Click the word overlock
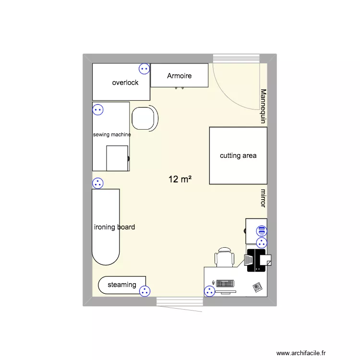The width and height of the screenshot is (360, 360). click(125, 83)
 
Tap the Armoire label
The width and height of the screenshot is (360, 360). click(180, 76)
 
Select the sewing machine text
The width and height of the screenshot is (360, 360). click(112, 135)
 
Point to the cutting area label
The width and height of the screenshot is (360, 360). click(238, 156)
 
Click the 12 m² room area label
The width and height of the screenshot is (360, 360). click(180, 180)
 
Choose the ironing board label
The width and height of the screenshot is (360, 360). click(115, 227)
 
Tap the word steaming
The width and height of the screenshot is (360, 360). click(122, 285)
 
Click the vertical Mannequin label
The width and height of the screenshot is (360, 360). click(263, 106)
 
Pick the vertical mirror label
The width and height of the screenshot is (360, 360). click(263, 198)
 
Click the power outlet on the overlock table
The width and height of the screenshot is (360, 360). click(144, 69)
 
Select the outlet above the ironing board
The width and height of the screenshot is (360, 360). click(98, 183)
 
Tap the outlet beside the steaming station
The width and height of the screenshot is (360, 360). click(144, 291)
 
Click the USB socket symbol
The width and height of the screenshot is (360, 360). click(262, 231)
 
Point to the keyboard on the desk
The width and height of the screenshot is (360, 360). click(225, 283)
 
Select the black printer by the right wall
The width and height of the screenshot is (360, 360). click(257, 260)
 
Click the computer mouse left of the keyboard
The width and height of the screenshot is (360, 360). click(213, 283)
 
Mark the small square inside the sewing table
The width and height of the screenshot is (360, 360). click(117, 158)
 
